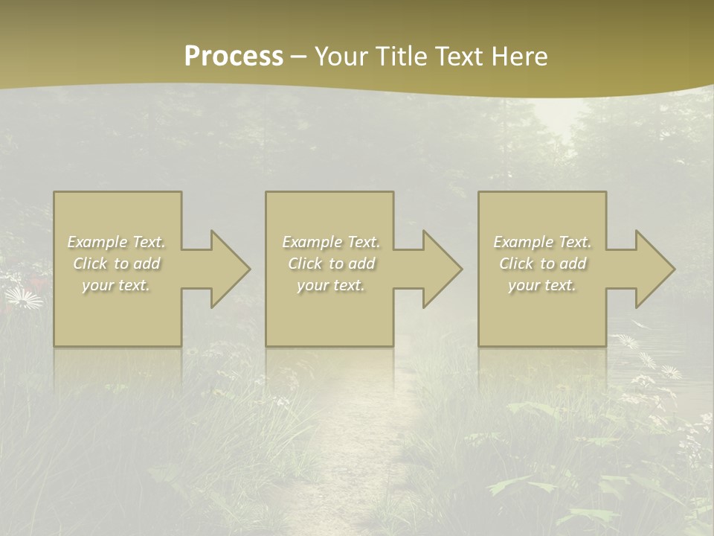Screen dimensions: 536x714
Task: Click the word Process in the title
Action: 234,57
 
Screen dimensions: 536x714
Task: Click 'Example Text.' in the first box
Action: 116,242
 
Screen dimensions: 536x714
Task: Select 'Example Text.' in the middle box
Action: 331,242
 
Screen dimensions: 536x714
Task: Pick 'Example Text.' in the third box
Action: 542,242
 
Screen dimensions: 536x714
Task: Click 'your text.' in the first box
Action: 116,285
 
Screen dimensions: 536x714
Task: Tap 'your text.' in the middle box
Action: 331,285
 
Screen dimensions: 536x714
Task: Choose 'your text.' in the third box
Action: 542,285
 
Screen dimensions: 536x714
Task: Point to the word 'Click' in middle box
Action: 305,264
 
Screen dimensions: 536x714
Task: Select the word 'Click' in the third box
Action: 516,264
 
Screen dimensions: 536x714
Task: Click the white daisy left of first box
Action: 24,299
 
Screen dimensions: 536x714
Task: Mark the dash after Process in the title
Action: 298,57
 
